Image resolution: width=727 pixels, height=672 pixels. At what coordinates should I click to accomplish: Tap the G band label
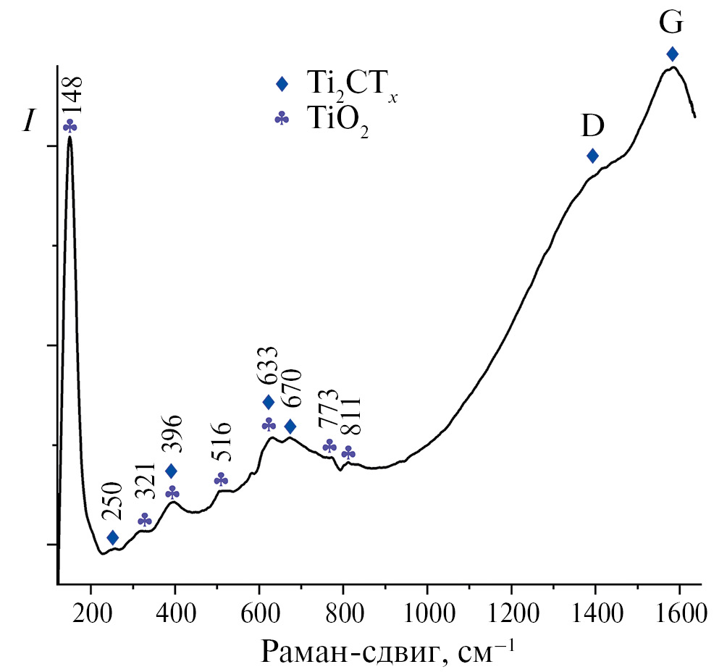(671, 23)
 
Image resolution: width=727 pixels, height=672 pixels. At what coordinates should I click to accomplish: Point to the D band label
(592, 127)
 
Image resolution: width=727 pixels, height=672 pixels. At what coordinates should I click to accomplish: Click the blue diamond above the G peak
(672, 54)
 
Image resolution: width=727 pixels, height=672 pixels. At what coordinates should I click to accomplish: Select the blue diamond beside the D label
(592, 156)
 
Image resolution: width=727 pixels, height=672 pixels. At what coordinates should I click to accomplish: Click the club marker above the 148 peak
(70, 126)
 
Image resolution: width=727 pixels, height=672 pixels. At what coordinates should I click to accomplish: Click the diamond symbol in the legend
(282, 85)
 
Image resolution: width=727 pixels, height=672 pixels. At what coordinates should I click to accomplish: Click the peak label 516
(222, 442)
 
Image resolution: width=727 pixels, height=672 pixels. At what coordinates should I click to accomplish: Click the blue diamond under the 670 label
(290, 427)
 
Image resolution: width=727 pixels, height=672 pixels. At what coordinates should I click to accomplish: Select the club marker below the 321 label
(145, 520)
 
